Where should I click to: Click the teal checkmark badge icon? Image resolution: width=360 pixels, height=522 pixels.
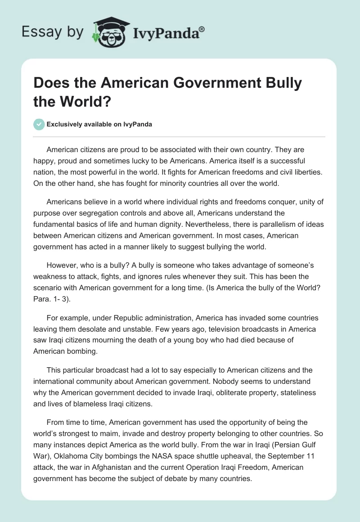(39, 124)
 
